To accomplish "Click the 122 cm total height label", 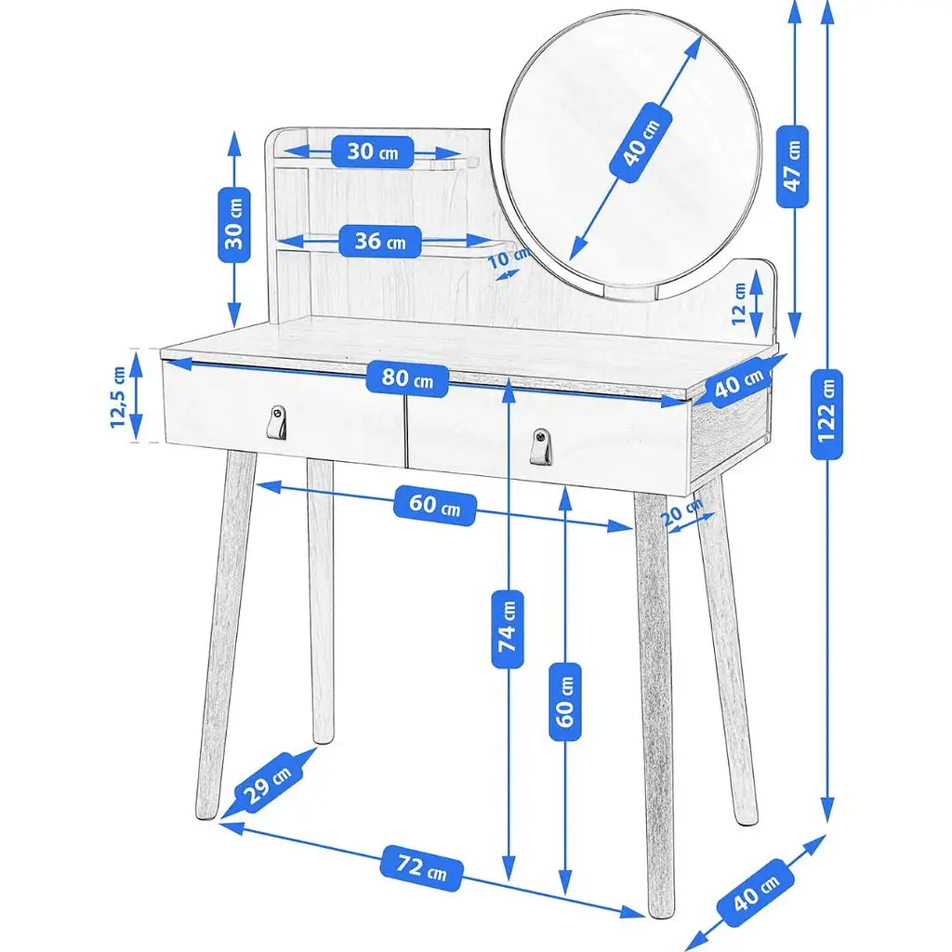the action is coord(826,414).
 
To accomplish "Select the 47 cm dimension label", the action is coord(792,166).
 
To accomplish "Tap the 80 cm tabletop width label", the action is coord(407,379).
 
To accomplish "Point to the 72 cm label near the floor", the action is coord(421,867).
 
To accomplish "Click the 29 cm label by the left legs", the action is coord(267,783).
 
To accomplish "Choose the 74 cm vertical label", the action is coord(507,628).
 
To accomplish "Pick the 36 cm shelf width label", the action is coord(380,241).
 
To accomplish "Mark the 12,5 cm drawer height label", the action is coord(118,397).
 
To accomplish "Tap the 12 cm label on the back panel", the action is coord(738,304).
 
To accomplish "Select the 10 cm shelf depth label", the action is coord(509,258).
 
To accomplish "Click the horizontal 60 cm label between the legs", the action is coord(435,506).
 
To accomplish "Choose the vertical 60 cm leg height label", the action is coord(564,702).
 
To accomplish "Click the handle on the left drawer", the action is coord(277,422).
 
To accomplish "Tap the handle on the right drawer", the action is coord(540,446).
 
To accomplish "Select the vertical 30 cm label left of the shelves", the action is coord(233,225).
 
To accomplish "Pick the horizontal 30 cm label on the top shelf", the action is coord(373,152).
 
